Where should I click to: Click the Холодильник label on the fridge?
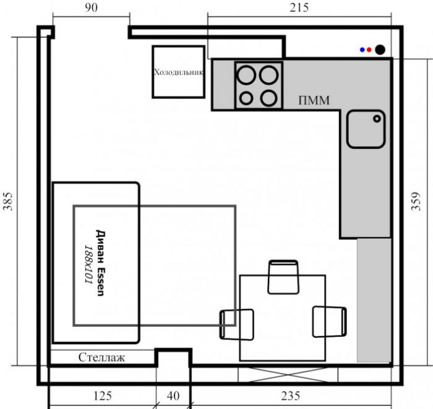179,72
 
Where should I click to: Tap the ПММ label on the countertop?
313,100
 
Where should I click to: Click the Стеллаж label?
102,357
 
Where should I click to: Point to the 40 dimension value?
173,395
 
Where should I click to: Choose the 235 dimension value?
291,395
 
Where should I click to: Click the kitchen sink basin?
366,129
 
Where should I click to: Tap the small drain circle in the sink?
377,117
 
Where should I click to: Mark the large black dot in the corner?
379,50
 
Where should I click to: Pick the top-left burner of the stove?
247,75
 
